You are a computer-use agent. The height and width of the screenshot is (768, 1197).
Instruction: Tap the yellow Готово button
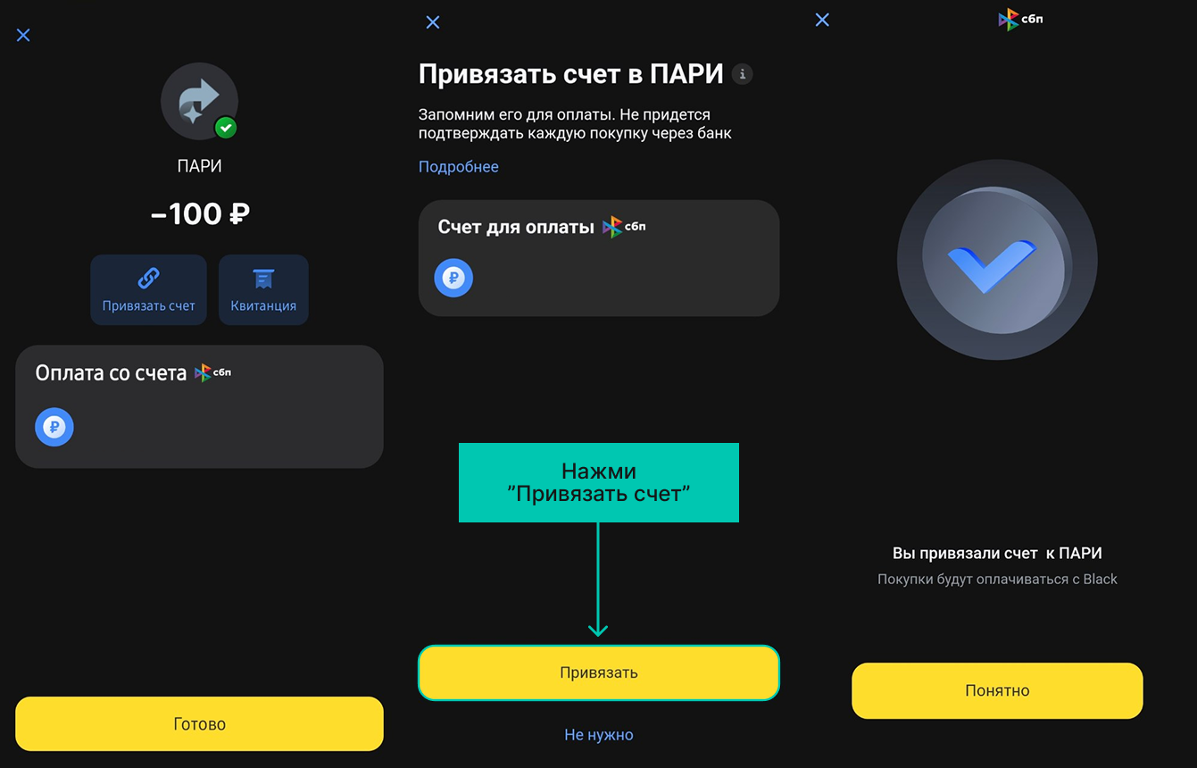pyautogui.click(x=199, y=723)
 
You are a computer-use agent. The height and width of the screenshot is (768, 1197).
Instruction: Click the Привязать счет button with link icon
pyautogui.click(x=148, y=289)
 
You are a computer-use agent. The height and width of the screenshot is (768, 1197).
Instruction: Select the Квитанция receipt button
pyautogui.click(x=263, y=289)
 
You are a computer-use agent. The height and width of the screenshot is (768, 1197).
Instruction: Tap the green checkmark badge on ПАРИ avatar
pyautogui.click(x=226, y=128)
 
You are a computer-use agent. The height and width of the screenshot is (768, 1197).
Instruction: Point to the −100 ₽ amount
pyautogui.click(x=200, y=213)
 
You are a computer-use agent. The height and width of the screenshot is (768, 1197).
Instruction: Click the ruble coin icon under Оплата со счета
pyautogui.click(x=54, y=427)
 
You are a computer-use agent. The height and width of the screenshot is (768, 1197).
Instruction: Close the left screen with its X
pyautogui.click(x=23, y=35)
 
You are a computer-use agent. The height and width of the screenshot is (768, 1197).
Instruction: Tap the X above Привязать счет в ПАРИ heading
pyautogui.click(x=433, y=22)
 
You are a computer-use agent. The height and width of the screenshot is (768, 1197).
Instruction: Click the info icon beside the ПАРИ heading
pyautogui.click(x=743, y=74)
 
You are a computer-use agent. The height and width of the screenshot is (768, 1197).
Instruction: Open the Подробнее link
pyautogui.click(x=459, y=167)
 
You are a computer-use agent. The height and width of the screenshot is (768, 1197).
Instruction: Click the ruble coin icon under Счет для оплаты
pyautogui.click(x=453, y=278)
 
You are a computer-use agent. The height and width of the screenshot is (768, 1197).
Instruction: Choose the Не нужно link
pyautogui.click(x=598, y=735)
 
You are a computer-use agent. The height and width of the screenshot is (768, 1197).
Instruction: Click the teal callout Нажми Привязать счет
pyautogui.click(x=598, y=482)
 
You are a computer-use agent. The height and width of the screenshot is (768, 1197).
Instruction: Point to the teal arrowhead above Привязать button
pyautogui.click(x=598, y=631)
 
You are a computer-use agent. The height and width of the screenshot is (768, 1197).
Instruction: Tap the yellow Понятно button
pyautogui.click(x=997, y=690)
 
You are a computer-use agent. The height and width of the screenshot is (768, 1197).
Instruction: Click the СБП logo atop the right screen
pyautogui.click(x=1020, y=20)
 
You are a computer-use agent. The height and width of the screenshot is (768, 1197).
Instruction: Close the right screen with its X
pyautogui.click(x=822, y=20)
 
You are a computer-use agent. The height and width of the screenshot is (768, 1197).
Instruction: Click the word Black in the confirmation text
pyautogui.click(x=1101, y=579)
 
